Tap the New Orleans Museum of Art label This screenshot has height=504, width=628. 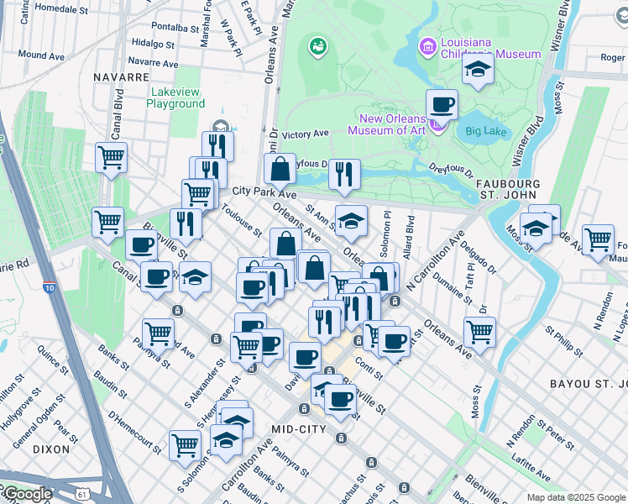(x=389, y=125)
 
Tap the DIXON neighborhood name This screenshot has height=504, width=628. (x=51, y=449)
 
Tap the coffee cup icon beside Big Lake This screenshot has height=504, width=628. (x=442, y=106)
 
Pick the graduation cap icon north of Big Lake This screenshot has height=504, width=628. (x=477, y=70)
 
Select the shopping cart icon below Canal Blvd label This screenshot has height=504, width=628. (x=111, y=157)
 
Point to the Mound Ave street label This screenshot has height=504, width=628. (x=41, y=55)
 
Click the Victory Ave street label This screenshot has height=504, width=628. (x=306, y=134)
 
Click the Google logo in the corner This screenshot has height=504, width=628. (x=27, y=495)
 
